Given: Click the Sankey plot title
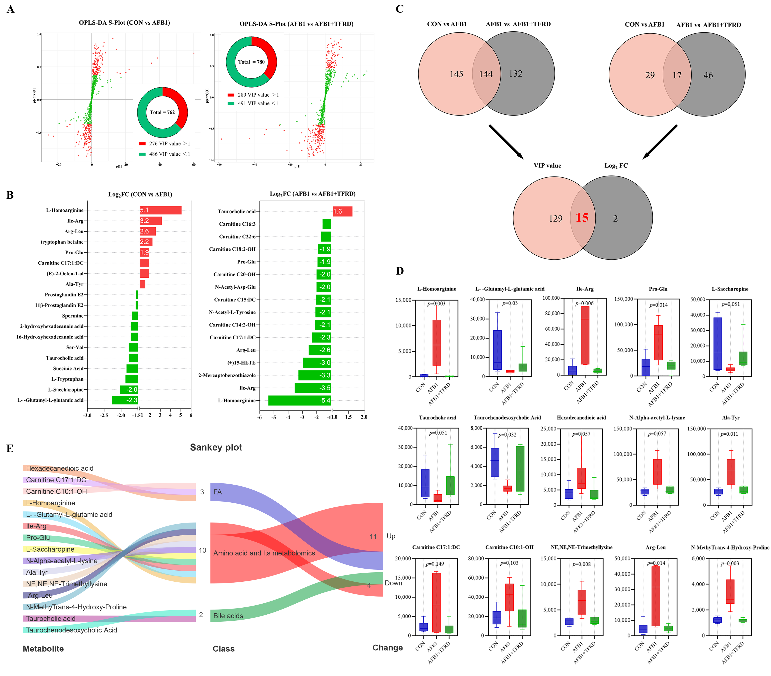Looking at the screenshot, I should pyautogui.click(x=216, y=447).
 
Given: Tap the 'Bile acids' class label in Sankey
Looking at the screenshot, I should pyautogui.click(x=228, y=616).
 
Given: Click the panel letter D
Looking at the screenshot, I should pyautogui.click(x=400, y=271).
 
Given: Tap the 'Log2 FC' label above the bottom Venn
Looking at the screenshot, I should pyautogui.click(x=616, y=166).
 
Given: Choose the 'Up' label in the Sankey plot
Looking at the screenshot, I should pyautogui.click(x=391, y=536).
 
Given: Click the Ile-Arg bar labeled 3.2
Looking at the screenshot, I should pyautogui.click(x=150, y=221).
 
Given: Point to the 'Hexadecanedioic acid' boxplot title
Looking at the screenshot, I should pyautogui.click(x=581, y=418).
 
